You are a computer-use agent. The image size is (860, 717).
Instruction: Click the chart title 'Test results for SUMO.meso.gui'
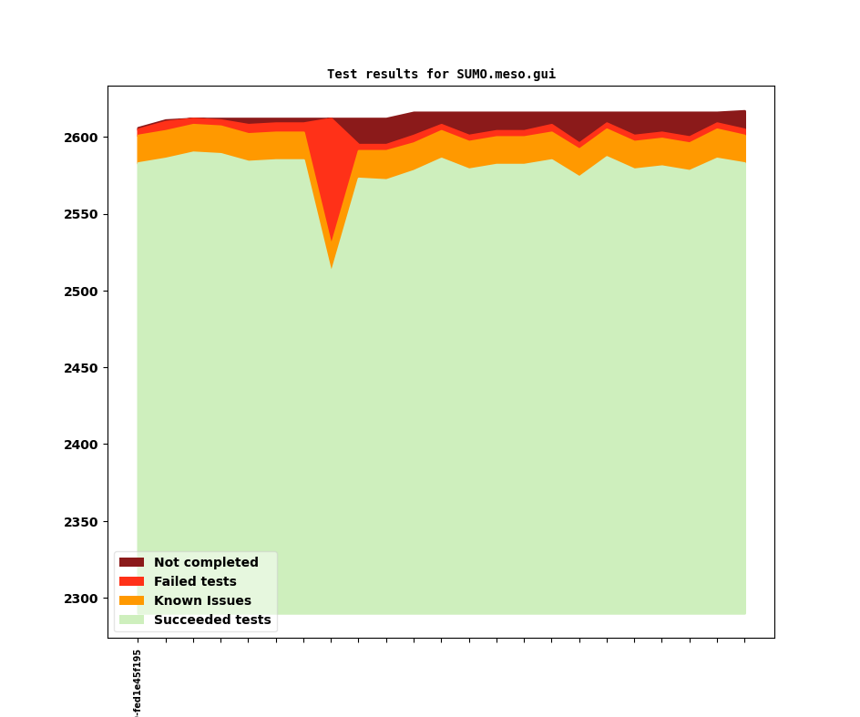coord(441,75)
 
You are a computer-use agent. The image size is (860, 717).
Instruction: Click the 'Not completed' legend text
coord(206,563)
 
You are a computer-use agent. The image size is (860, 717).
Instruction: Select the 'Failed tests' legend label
coord(195,582)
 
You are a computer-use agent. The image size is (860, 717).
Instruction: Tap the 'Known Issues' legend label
coord(202,601)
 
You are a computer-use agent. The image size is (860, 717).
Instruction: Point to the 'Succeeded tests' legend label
coord(212,620)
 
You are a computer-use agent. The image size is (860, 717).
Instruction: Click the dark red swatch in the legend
coord(131,563)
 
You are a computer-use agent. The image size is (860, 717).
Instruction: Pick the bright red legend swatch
coord(131,582)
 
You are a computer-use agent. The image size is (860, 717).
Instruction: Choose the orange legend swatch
coord(131,601)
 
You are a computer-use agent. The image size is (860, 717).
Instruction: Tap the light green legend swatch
coord(131,620)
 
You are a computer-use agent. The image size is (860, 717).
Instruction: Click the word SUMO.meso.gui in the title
coord(506,75)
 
